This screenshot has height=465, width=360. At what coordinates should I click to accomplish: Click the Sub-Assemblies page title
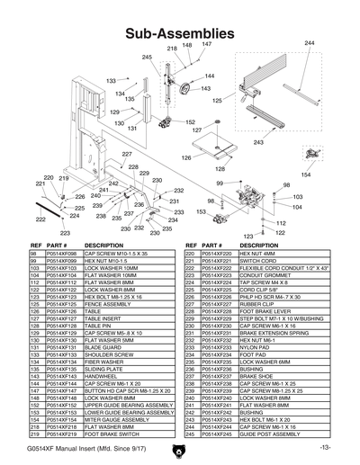click(x=180, y=32)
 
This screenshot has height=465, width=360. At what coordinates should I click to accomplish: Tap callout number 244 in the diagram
click(x=310, y=43)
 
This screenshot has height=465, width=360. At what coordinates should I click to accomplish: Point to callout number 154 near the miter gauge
click(x=306, y=174)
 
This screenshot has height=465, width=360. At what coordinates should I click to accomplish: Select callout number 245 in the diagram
click(x=148, y=57)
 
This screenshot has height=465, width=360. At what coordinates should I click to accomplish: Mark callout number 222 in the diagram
click(x=40, y=219)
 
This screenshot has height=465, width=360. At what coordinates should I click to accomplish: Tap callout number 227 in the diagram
click(x=127, y=155)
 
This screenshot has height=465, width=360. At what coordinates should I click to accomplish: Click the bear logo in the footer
click(x=180, y=447)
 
